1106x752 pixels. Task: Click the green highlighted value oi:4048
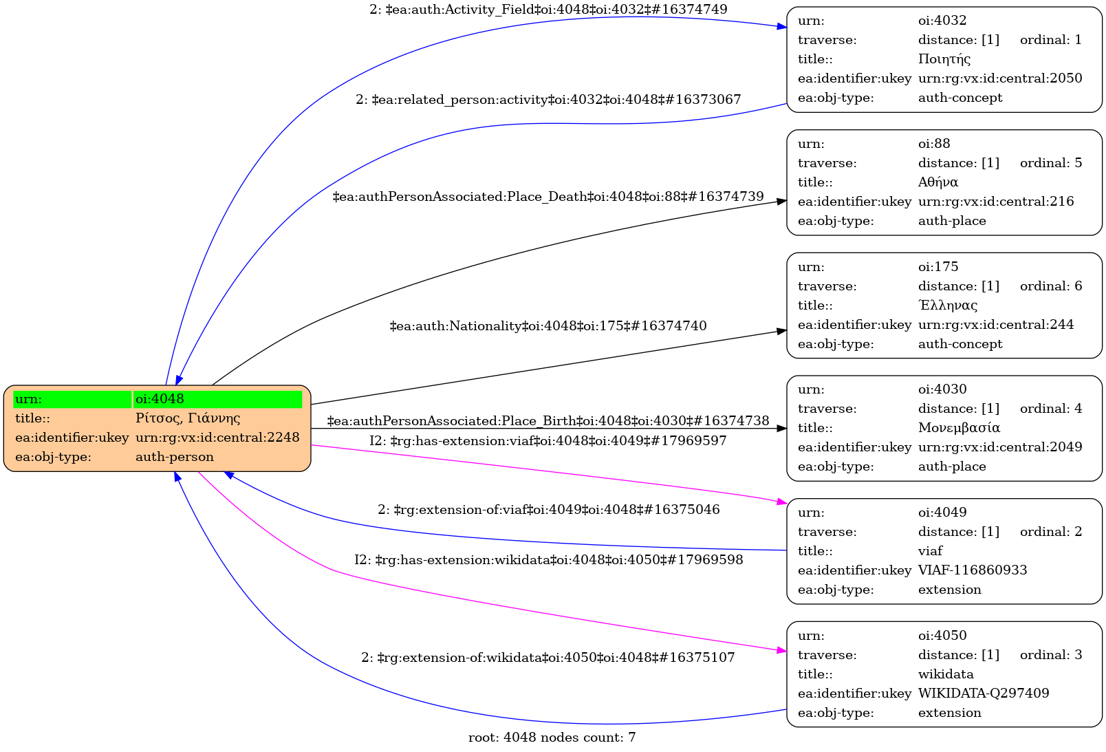(x=160, y=399)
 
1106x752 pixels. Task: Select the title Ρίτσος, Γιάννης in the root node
(x=188, y=418)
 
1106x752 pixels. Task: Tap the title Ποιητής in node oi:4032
(x=944, y=59)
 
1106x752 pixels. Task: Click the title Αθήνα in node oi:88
(x=938, y=182)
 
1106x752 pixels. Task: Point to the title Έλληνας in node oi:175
(x=948, y=305)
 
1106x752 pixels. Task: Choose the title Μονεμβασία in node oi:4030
(x=959, y=428)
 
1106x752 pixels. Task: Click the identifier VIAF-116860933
(x=973, y=570)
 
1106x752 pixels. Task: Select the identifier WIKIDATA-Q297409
(x=984, y=694)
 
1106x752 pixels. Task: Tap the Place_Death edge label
(x=548, y=197)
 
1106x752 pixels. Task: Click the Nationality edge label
(x=548, y=326)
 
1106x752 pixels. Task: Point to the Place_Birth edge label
(x=548, y=421)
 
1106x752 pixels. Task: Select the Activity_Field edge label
(x=548, y=10)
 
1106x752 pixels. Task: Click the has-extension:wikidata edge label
(x=548, y=560)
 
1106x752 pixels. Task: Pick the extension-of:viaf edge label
(x=548, y=510)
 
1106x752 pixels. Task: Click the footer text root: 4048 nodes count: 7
(x=552, y=738)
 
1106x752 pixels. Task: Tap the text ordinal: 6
(x=1050, y=286)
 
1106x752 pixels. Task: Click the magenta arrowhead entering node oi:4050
(x=781, y=649)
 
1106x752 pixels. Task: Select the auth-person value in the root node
(x=175, y=457)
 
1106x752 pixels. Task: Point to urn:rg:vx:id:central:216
(x=996, y=202)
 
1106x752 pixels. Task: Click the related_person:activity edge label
(x=548, y=100)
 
